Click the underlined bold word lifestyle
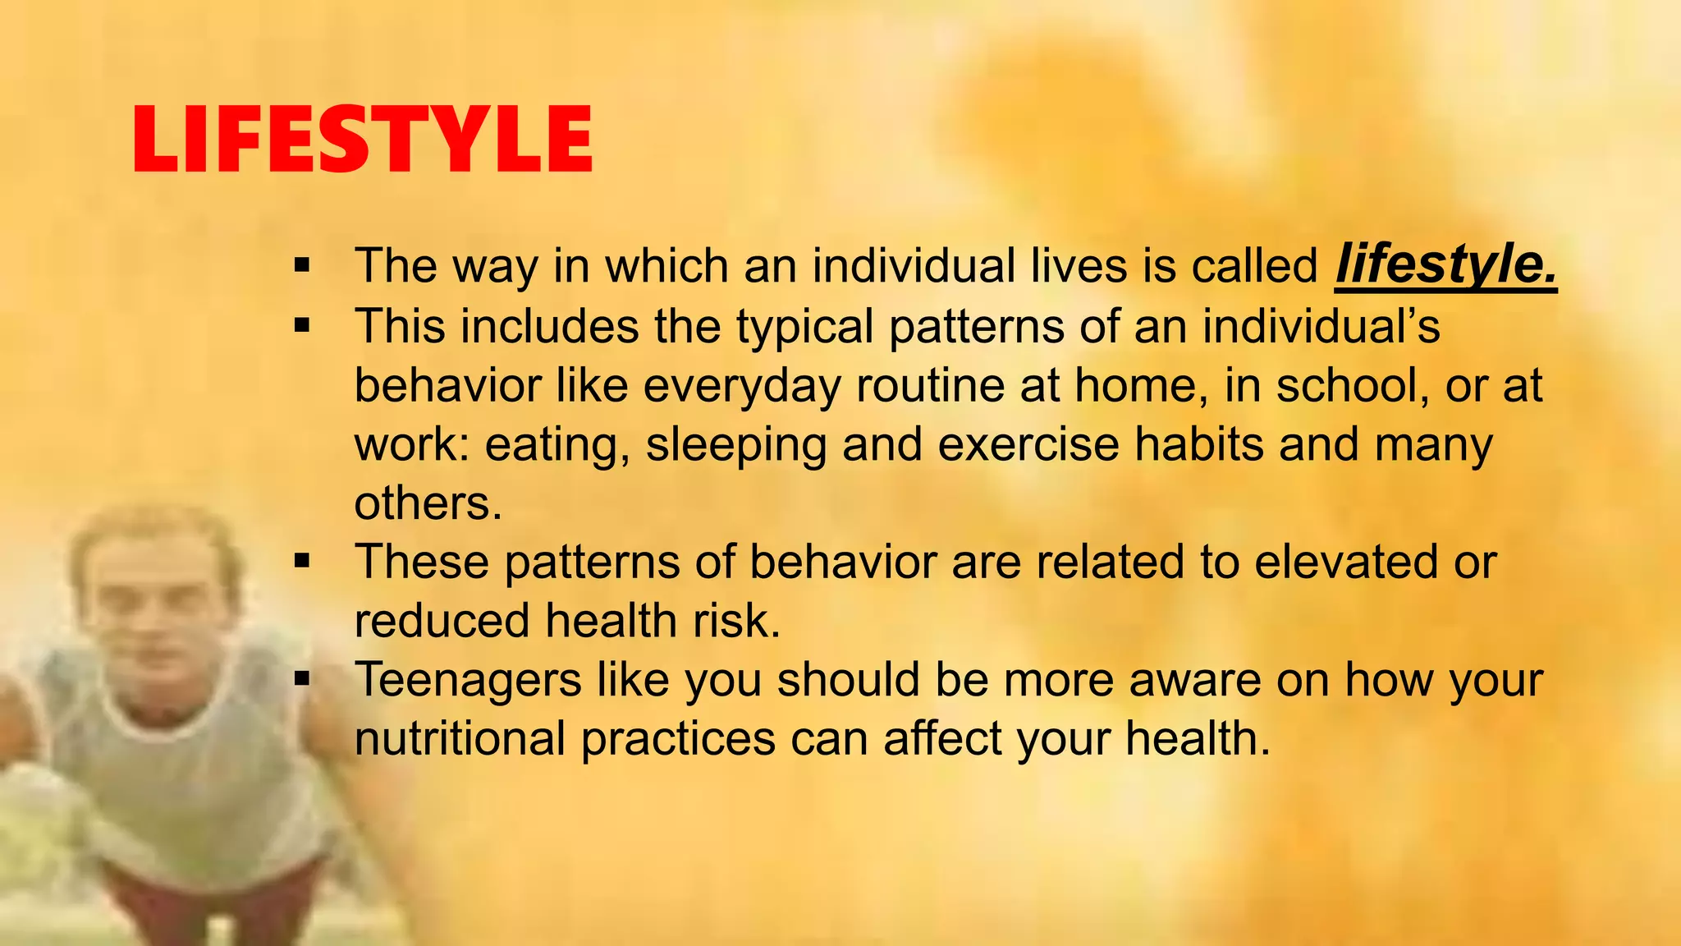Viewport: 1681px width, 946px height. [x=1445, y=265]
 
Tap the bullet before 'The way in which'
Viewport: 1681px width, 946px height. [x=302, y=266]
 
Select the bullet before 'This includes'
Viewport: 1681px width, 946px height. [x=302, y=326]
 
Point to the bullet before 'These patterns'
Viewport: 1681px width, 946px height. [x=302, y=562]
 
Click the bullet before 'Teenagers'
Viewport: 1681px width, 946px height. [x=302, y=680]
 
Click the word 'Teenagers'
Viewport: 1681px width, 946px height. [x=467, y=681]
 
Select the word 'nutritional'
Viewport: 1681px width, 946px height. [x=460, y=738]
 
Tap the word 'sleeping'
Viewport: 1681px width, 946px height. [x=735, y=445]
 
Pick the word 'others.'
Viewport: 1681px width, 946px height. [x=428, y=503]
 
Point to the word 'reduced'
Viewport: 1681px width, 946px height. [x=442, y=621]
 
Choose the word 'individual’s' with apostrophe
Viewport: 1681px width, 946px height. [x=1321, y=326]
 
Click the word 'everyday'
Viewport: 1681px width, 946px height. [x=741, y=386]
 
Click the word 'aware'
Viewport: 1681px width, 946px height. [x=1194, y=680]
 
